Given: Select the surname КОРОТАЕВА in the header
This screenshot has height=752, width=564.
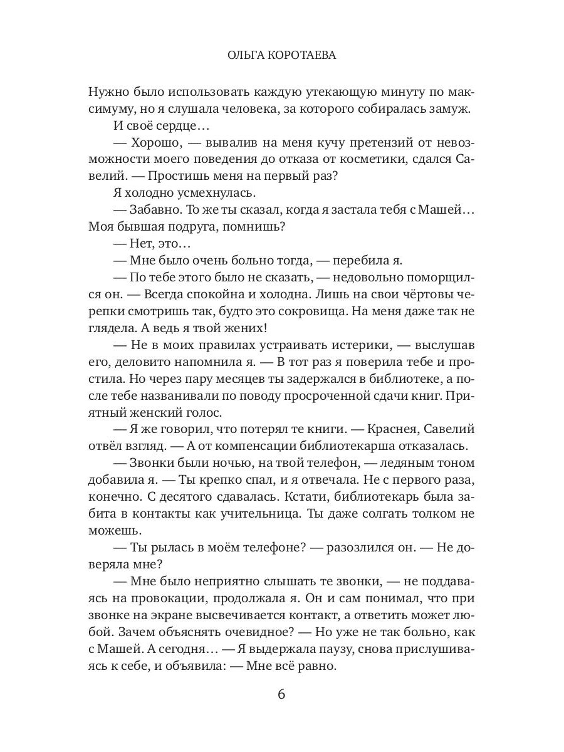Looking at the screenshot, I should click(303, 55).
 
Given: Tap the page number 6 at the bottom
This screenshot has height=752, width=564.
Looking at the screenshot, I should click(281, 695).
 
